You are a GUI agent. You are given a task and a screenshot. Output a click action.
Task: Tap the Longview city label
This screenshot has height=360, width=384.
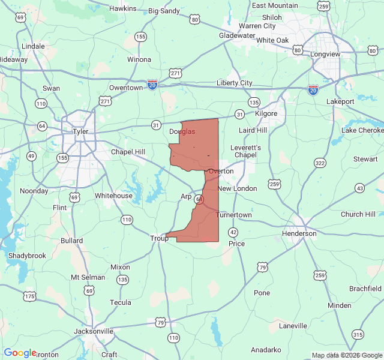click(325, 54)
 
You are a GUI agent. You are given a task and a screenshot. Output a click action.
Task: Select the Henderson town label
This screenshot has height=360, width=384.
click(299, 233)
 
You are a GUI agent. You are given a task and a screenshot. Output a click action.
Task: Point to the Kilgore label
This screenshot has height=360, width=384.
click(266, 113)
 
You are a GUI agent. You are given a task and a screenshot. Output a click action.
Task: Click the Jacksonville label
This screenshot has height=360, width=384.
click(94, 331)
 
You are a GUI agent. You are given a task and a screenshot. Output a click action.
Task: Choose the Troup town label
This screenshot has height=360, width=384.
click(159, 238)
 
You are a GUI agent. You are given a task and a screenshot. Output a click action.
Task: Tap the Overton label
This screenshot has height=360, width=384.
click(221, 171)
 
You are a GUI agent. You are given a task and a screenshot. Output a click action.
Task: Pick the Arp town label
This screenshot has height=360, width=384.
click(187, 196)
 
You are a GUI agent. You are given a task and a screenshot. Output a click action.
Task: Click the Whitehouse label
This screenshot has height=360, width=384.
click(113, 196)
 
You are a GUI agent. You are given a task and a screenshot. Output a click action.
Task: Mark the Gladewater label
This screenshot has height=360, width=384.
click(237, 35)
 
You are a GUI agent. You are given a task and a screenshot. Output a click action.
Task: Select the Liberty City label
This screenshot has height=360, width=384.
click(234, 83)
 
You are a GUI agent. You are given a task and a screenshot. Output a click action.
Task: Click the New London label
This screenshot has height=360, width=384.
click(237, 188)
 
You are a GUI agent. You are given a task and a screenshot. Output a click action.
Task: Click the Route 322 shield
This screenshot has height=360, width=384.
click(320, 163)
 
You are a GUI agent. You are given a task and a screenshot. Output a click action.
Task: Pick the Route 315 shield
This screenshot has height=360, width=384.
click(358, 334)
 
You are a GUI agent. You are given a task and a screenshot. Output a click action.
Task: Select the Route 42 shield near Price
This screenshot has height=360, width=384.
click(233, 232)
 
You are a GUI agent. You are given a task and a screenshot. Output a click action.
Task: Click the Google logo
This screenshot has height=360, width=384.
click(20, 353)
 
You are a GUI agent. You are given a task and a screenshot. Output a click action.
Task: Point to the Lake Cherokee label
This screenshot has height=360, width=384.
click(363, 130)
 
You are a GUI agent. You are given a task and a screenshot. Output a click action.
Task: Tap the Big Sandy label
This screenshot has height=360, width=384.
click(163, 11)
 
